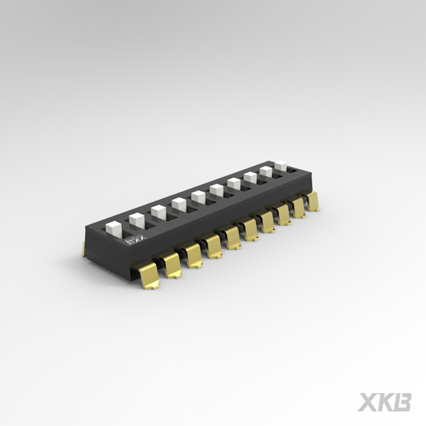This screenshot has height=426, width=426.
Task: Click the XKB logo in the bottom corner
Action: coord(384,402)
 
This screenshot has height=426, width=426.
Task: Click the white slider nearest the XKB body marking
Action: coord(114,229)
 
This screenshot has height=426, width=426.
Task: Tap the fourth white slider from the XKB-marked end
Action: coord(179,204)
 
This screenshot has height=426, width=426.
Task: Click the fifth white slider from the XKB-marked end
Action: coord(198,197)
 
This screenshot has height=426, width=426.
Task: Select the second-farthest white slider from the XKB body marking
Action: coord(266,171)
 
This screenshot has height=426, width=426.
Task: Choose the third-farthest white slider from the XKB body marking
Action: coord(250,177)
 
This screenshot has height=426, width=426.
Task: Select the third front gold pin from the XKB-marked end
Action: coord(194,255)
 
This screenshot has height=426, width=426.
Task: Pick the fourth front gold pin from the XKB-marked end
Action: coord(214,246)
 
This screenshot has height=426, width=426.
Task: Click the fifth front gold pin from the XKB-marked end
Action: coord(232,237)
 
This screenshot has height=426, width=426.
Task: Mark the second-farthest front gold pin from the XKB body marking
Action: coord(298,208)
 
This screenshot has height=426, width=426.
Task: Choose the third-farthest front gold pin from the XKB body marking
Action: coord(283,214)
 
